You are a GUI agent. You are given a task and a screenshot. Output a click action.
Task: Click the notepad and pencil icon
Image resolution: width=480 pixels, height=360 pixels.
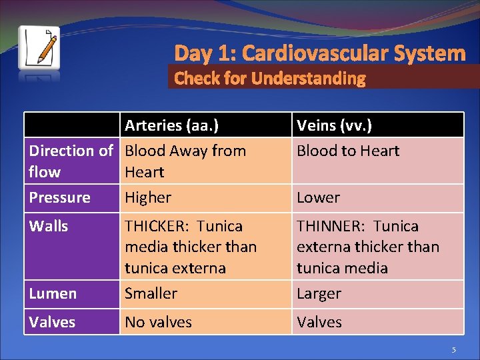[x=39, y=48]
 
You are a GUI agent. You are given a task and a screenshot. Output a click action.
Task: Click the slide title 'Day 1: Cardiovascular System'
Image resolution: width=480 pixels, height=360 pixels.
[x=319, y=53]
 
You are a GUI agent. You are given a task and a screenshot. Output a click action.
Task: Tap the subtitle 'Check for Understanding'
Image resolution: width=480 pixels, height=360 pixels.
[x=269, y=79]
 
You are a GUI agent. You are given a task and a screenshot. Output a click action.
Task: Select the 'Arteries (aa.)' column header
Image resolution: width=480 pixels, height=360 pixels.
[x=172, y=125]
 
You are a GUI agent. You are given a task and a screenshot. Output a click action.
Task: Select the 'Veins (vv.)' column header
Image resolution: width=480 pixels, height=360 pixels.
[x=334, y=125]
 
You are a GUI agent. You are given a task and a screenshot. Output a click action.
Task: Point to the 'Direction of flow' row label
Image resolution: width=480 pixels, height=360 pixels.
[x=71, y=161]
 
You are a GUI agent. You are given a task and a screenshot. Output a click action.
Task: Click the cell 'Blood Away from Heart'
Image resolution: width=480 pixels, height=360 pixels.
[x=185, y=161]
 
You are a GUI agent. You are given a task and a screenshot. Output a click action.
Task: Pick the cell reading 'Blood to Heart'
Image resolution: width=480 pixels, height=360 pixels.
[x=347, y=151]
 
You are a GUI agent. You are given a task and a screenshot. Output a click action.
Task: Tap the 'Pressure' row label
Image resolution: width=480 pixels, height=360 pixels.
[x=59, y=198]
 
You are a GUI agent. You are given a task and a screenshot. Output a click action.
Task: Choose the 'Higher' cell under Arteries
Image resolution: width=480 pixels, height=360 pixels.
[x=148, y=198]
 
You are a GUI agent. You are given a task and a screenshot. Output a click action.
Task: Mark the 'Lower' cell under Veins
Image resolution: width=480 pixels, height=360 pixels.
[x=318, y=198]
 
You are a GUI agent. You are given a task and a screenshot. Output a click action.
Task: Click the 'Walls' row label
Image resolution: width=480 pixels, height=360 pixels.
[x=49, y=227]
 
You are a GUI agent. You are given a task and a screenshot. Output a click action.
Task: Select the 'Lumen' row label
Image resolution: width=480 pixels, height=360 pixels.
[x=53, y=294]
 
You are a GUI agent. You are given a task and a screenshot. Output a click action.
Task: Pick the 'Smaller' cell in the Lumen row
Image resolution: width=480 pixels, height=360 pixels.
[x=151, y=294]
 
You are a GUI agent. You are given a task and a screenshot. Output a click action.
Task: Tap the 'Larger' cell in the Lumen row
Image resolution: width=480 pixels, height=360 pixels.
[x=319, y=294]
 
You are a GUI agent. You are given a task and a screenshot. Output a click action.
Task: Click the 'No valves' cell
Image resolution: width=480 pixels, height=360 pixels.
[x=158, y=323]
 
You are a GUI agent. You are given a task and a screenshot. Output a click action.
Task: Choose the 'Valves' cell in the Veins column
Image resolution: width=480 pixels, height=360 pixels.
[x=319, y=323]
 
